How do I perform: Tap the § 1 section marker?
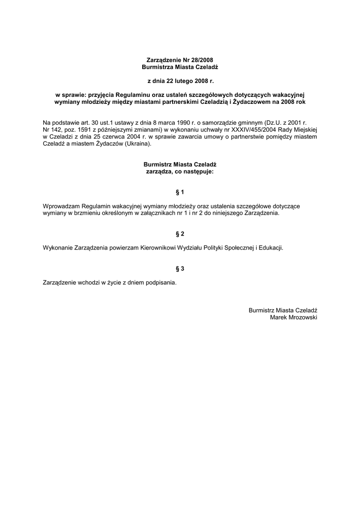tap(180, 192)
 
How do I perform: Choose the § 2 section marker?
tap(180, 234)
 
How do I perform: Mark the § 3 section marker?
tap(180, 269)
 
